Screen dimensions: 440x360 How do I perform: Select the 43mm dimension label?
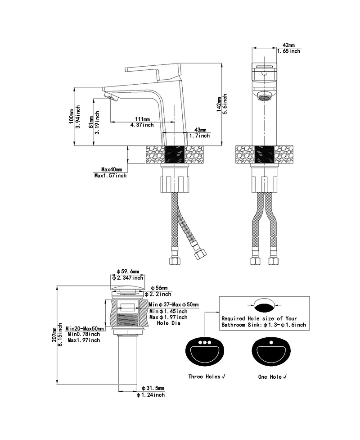point(200,130)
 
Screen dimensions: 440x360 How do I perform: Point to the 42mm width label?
point(288,45)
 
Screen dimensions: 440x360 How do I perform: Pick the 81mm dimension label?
point(90,121)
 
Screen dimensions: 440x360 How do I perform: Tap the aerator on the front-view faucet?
point(264,97)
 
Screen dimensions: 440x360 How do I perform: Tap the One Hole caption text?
point(272,376)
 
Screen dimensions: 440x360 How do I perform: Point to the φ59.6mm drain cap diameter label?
point(128,272)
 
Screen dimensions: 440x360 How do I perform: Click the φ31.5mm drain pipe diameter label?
point(153,388)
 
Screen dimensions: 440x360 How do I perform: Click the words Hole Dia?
point(168,323)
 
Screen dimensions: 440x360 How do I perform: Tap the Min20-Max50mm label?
point(85,328)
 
